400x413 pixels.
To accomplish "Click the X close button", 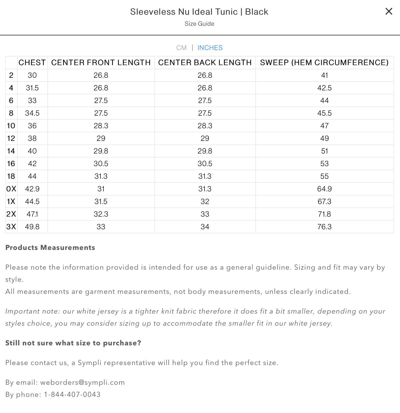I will (x=389, y=11).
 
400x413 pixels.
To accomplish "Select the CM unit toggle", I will (x=181, y=48).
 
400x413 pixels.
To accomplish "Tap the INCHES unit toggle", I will (x=210, y=48).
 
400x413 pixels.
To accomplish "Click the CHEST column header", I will (x=32, y=63).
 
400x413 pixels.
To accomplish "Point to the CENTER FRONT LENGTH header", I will (x=101, y=63).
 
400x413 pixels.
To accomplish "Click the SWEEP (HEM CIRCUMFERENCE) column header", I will (x=324, y=63).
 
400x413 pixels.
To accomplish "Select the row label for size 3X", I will (x=11, y=227).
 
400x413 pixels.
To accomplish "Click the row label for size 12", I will (x=11, y=138).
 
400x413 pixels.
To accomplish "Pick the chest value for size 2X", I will (x=32, y=214).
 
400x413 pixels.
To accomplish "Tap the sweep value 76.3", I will (x=324, y=227).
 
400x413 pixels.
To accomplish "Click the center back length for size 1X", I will (x=205, y=202).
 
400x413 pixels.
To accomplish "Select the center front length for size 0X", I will (x=101, y=189).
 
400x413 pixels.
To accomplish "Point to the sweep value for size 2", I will (x=324, y=75).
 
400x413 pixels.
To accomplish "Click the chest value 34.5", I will (x=32, y=113).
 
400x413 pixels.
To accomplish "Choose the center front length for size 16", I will (x=101, y=164).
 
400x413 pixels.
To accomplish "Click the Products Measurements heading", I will (x=50, y=247).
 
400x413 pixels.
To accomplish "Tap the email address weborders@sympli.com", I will (x=82, y=382).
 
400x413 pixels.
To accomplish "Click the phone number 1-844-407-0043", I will (x=72, y=394).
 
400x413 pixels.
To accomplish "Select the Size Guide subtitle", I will (x=199, y=24).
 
